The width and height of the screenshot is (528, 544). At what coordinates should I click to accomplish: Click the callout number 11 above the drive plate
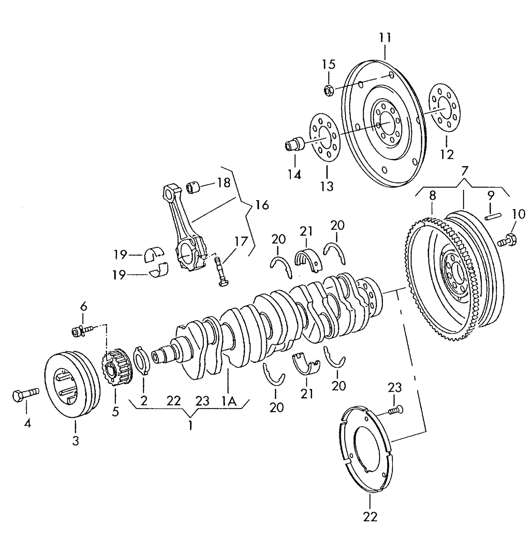coord(385,38)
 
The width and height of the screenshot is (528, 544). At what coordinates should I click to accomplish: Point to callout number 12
coord(447,154)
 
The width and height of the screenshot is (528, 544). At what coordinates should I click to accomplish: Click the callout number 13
coord(327,186)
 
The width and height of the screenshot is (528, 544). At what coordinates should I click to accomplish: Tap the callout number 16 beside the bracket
coord(262,205)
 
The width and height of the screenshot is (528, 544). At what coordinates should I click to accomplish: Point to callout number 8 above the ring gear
coord(432,195)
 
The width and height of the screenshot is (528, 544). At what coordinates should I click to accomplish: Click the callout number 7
coord(464,171)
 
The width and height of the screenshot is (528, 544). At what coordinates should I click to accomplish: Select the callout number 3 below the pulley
coord(75,441)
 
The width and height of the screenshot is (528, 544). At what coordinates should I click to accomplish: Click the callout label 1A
coord(229,402)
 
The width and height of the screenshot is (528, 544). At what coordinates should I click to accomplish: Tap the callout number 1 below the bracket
coord(190,425)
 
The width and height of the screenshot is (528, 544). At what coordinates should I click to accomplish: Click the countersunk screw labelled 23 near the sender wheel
coord(395,411)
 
